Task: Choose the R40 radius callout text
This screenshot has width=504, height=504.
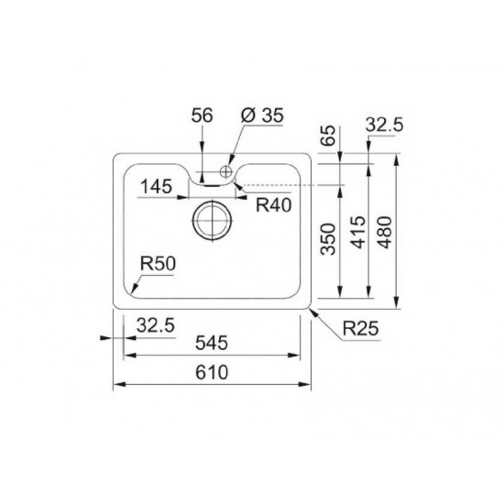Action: [273, 205]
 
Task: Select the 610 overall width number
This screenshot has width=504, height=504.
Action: [210, 374]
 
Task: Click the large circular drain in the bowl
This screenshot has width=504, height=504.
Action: [211, 220]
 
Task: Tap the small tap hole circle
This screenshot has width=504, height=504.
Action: [225, 170]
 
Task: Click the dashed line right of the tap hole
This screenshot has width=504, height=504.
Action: [293, 184]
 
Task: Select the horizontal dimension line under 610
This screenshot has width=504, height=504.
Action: [211, 385]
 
